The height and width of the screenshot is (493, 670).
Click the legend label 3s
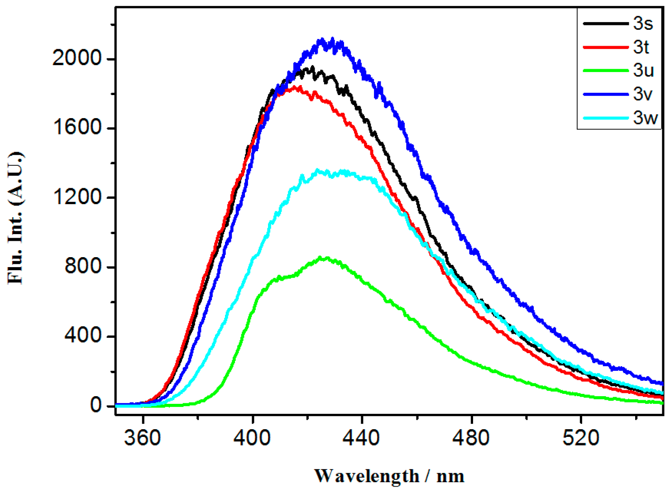coord(643,24)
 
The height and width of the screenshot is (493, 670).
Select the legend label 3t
coord(641,47)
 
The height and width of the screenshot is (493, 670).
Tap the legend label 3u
coord(643,71)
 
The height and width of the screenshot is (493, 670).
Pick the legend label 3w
coord(645,118)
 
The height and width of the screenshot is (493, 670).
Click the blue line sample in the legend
coord(606,94)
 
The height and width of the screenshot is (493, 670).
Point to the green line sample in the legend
coord(606,71)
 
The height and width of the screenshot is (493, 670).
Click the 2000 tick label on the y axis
coord(77,58)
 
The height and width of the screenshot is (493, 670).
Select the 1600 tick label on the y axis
coord(77,128)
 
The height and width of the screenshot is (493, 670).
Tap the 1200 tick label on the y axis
coord(77,197)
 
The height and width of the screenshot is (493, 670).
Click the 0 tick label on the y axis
coord(96,406)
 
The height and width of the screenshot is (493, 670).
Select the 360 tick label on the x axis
coord(143,438)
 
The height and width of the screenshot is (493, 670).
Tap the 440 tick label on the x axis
coord(362,438)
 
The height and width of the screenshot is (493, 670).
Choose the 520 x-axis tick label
coord(581,438)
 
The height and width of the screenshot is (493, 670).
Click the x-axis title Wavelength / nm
coord(389,476)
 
